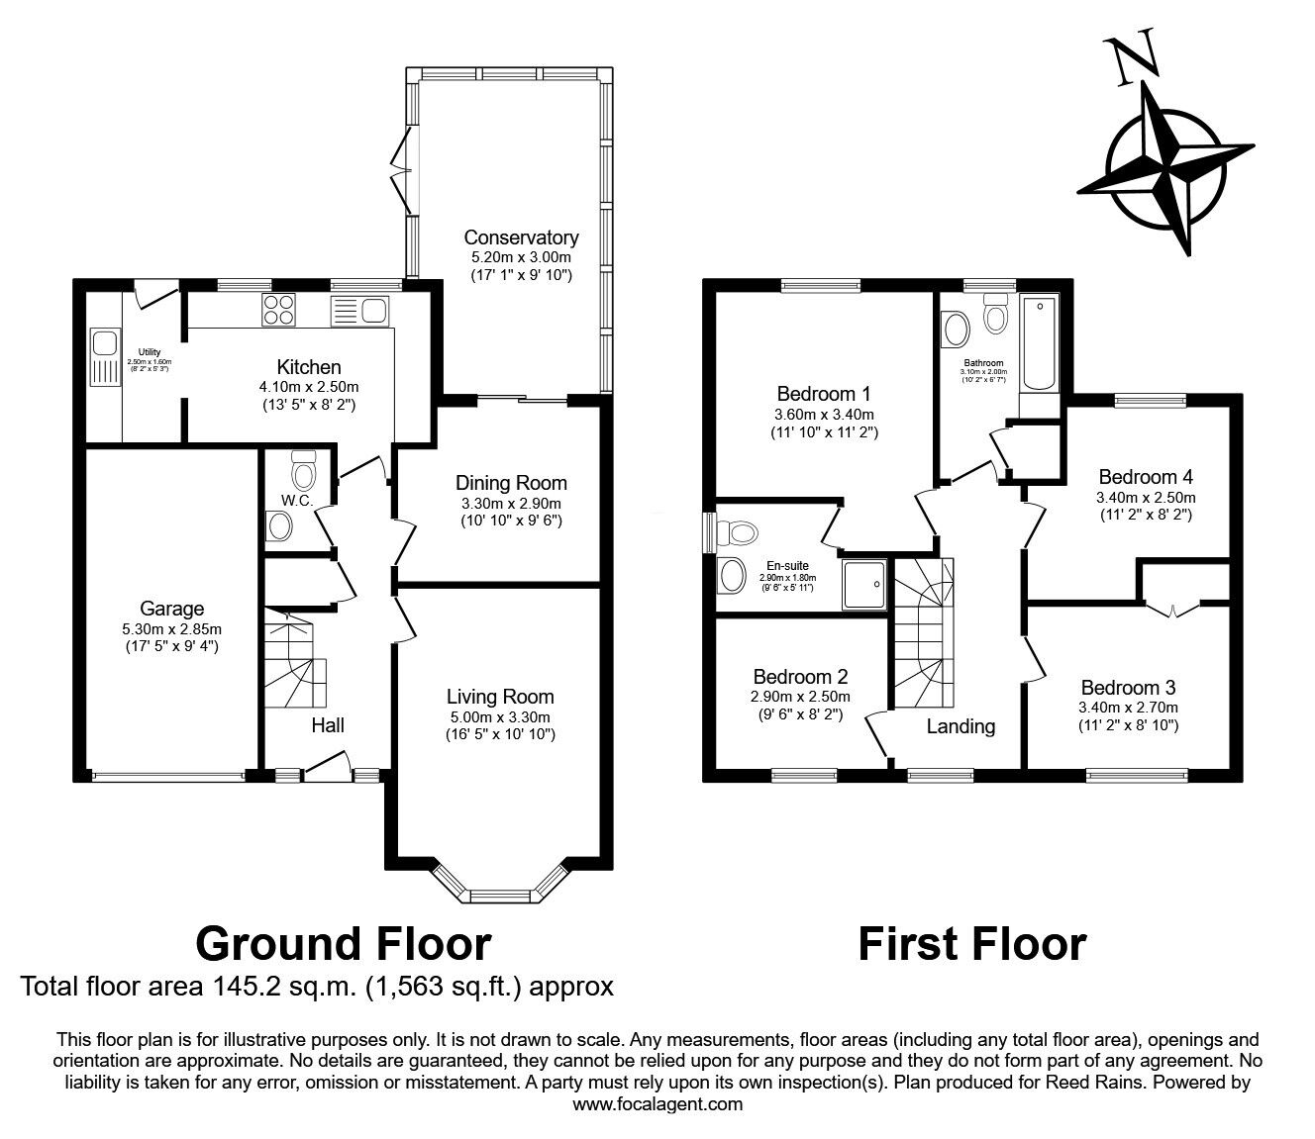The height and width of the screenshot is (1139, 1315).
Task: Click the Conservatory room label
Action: [x=521, y=237]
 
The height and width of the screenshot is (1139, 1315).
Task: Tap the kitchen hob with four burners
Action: [x=278, y=311]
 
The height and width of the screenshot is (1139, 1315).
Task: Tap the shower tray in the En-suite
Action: [x=864, y=584]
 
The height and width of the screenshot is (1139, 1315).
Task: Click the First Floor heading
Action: [x=971, y=943]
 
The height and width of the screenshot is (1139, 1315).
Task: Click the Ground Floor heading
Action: [x=343, y=943]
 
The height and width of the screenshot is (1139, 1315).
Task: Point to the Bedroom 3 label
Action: [x=1128, y=688]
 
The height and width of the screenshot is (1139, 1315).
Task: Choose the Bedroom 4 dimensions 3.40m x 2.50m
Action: [x=1145, y=497]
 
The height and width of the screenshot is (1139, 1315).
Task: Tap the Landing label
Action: [x=961, y=726]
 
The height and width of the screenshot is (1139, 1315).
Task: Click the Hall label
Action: [x=328, y=725]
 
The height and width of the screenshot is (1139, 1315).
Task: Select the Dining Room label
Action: [x=511, y=483]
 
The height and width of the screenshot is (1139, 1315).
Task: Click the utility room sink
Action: [x=102, y=343]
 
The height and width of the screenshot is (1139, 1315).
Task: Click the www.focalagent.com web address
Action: [x=657, y=1104]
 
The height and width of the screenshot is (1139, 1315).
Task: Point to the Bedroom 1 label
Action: [x=824, y=392]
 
